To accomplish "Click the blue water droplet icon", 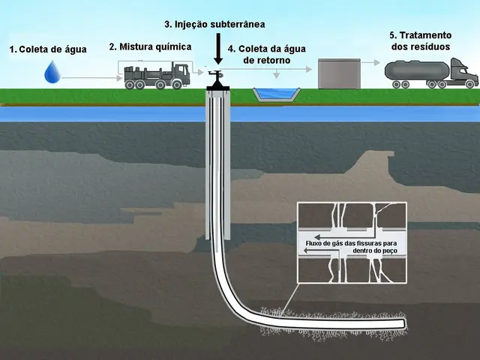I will point(52,72).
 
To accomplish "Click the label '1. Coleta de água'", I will point(48,49).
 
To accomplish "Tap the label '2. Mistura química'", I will point(150,46).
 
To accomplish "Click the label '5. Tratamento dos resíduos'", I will point(420,40).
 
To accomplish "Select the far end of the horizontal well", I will point(401,323).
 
